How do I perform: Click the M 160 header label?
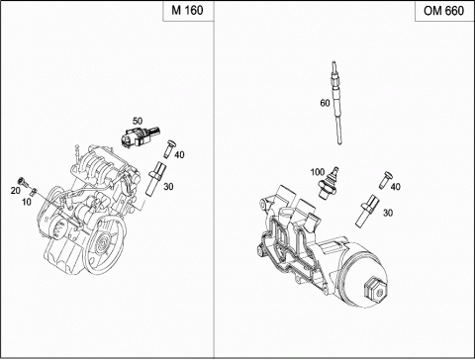tap(187, 11)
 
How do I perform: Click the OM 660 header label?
tap(443, 11)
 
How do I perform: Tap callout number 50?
tap(138, 121)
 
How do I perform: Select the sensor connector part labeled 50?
tap(140, 137)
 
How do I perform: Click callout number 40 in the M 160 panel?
tap(179, 154)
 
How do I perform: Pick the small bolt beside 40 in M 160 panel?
tap(169, 149)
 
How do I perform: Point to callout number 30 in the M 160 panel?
tap(168, 187)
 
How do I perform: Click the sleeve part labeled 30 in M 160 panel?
tap(154, 178)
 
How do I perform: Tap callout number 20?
tap(15, 191)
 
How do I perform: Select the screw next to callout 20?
tap(23, 181)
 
